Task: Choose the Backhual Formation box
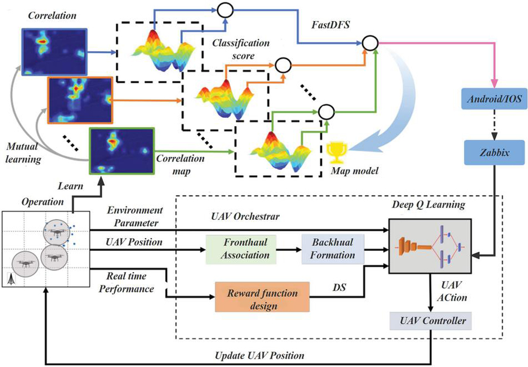(333, 249)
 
